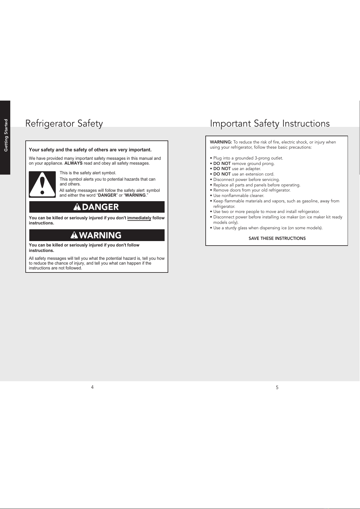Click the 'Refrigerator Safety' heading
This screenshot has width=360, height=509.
(64, 124)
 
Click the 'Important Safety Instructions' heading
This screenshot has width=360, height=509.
(270, 124)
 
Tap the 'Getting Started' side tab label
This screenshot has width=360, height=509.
(6, 135)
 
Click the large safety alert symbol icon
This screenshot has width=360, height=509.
(42, 184)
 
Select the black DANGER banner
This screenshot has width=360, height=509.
(97, 207)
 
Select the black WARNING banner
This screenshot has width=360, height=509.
(97, 235)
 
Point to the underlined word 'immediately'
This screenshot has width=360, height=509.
(139, 218)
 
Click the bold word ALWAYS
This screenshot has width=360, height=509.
(73, 163)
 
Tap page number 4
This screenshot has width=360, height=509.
(92, 387)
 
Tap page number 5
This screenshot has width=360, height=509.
(277, 388)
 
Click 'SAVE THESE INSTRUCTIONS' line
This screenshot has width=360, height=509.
(277, 238)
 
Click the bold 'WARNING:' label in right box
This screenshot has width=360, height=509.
(221, 142)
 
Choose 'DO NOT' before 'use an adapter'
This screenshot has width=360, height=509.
(222, 169)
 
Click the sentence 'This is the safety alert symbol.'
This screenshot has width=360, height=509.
(88, 173)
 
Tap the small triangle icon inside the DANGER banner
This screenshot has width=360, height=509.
(77, 207)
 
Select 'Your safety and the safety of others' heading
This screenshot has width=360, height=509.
(90, 150)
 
